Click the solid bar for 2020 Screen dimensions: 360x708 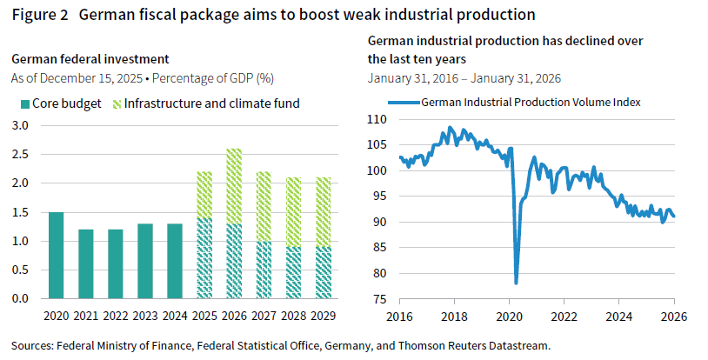[x=56, y=255]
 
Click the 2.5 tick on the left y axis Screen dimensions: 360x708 [x=20, y=154]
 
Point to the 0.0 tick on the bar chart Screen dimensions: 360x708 [x=20, y=298]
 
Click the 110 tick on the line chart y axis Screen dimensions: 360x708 [x=376, y=119]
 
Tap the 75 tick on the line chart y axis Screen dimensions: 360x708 [x=379, y=298]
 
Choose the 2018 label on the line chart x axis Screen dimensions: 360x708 [x=455, y=314]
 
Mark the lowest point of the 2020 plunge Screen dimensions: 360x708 [x=516, y=283]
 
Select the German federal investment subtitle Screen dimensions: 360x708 [x=90, y=59]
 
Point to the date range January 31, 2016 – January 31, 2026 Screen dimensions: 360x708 [x=464, y=77]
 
